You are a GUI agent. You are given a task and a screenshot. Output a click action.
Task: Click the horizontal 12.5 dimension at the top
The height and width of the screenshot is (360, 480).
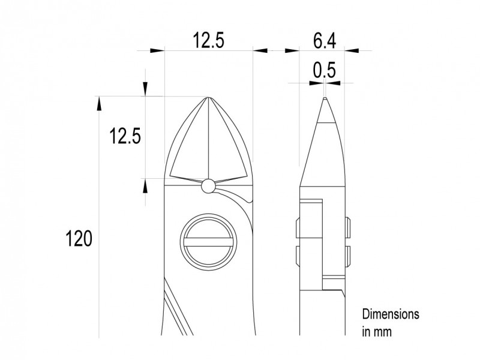point(208,41)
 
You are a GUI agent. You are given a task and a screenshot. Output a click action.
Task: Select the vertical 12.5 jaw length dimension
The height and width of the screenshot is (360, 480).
point(125,136)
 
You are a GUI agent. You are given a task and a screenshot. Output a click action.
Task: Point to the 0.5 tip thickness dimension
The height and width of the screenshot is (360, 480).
point(325,70)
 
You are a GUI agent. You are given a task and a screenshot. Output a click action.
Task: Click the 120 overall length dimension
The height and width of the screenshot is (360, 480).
point(79,239)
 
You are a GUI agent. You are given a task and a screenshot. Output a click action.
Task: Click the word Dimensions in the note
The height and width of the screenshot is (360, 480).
point(391,314)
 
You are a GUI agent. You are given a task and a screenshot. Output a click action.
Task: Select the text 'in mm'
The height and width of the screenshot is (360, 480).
point(377,332)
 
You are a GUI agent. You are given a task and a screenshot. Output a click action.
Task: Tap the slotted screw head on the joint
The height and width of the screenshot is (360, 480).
point(208,242)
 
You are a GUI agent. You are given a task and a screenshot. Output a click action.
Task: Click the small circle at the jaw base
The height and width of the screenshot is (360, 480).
point(208,186)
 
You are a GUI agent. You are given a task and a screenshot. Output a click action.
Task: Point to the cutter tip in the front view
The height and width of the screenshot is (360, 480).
point(208,98)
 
